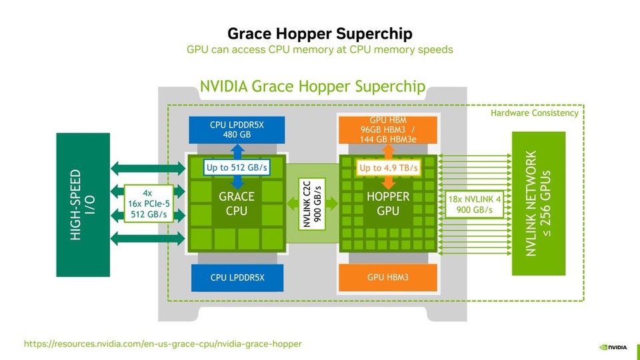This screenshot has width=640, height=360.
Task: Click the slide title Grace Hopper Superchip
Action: (x=320, y=33)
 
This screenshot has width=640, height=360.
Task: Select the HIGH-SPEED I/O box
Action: (x=83, y=205)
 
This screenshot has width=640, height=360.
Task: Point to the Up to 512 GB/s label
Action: (x=237, y=167)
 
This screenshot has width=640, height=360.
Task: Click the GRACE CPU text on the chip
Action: (x=237, y=203)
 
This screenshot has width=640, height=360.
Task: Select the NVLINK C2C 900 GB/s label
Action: (x=312, y=203)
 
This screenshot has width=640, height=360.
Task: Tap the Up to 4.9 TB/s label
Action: (x=389, y=168)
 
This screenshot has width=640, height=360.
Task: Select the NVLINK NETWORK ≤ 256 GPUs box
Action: (x=538, y=203)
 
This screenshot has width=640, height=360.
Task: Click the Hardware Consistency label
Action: (x=535, y=113)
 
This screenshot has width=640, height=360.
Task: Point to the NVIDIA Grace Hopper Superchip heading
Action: (x=313, y=87)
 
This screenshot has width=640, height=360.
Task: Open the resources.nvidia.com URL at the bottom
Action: (x=163, y=344)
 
